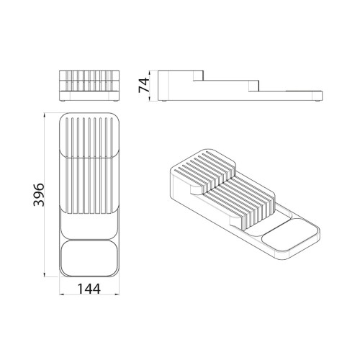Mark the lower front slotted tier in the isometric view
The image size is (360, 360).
coord(241,202)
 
